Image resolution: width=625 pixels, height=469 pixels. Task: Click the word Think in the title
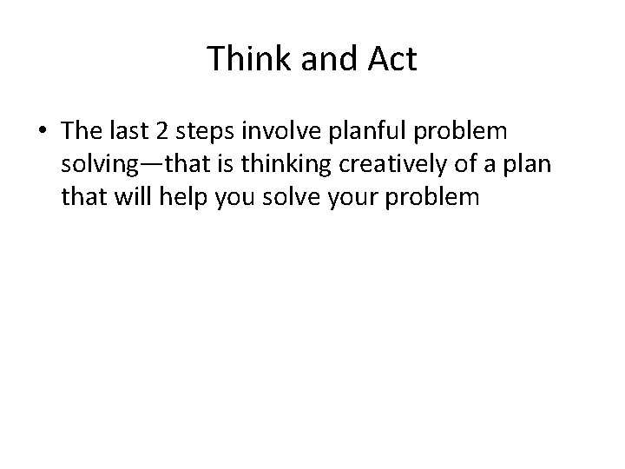pyautogui.click(x=246, y=60)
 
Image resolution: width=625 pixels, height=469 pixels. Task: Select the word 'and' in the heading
pyautogui.click(x=320, y=60)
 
